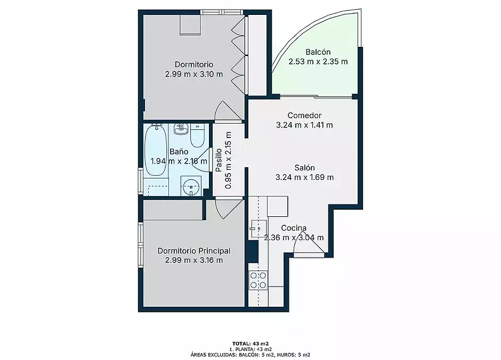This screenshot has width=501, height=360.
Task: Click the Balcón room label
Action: click(x=318, y=52)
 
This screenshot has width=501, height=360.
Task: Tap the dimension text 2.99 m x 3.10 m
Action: click(x=194, y=75)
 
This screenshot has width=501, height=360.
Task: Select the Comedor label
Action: click(x=304, y=116)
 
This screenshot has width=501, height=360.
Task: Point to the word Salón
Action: click(x=304, y=168)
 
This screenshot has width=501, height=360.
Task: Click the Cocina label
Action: click(x=294, y=228)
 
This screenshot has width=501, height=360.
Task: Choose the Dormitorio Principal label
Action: click(x=194, y=251)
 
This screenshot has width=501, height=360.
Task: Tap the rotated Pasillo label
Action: click(x=219, y=160)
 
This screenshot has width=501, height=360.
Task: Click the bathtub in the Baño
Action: click(x=156, y=150)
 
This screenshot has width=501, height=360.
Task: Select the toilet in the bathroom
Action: click(x=197, y=135)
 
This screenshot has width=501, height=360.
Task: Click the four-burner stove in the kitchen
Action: click(x=258, y=280)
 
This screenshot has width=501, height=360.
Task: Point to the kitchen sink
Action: click(x=258, y=228)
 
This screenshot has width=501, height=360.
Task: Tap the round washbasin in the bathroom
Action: click(x=191, y=186)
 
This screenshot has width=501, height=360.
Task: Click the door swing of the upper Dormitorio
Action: click(x=228, y=111)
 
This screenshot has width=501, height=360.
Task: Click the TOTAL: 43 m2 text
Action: click(x=250, y=343)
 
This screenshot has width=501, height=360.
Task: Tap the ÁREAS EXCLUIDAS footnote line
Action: click(x=250, y=355)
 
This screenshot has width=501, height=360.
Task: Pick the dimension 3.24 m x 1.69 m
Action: click(x=304, y=177)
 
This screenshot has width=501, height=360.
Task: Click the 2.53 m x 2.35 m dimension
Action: click(x=318, y=62)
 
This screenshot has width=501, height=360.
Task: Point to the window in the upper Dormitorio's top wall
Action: click(x=222, y=12)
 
